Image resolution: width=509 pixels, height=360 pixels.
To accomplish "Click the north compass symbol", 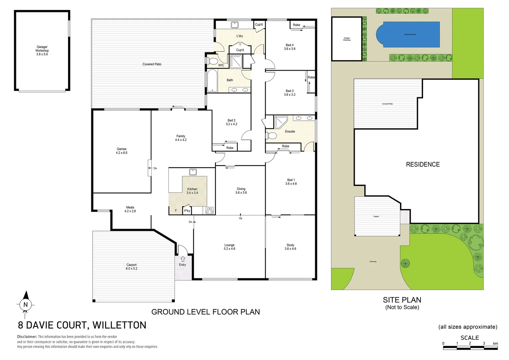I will tap(26, 304).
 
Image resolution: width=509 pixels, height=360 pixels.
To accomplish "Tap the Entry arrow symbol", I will tap(183, 259).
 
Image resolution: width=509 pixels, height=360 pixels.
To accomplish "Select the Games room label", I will tap(122, 151).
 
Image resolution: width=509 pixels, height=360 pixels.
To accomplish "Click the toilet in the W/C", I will tap(212, 61).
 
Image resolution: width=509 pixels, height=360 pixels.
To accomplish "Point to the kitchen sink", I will tap(193, 172).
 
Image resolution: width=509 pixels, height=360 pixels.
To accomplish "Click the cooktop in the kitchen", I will tap(210, 210).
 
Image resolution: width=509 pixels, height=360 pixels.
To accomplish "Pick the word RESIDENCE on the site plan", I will tap(423, 164).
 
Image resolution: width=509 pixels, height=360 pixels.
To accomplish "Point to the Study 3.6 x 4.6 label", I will tap(290, 247).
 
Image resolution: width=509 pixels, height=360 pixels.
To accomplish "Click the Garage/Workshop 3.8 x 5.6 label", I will tap(42, 50).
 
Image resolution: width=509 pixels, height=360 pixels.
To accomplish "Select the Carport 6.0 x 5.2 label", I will tap(132, 267).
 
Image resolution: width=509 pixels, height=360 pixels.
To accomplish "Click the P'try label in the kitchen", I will tap(187, 211).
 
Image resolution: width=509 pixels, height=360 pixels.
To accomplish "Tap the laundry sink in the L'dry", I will tap(235, 25).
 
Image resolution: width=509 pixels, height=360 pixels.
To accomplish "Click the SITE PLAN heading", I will tap(402, 300).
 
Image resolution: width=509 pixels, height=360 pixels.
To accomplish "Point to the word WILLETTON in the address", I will tap(119, 325).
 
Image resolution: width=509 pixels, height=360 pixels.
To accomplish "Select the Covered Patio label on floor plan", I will tap(152, 64).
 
